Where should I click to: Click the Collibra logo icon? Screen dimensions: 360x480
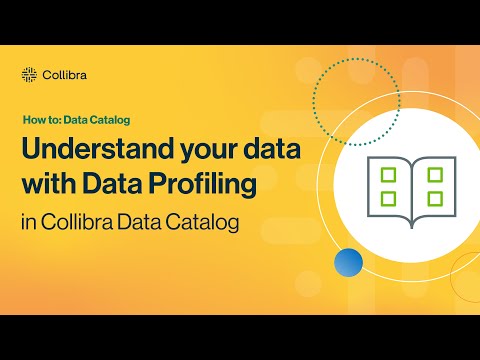pyautogui.click(x=29, y=74)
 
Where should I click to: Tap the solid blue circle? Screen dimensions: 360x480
pyautogui.click(x=348, y=263)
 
